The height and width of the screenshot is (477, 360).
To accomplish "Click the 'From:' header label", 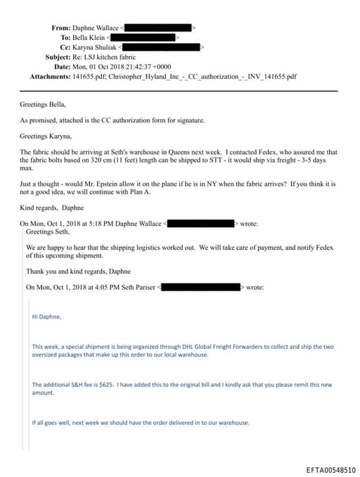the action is pyautogui.click(x=60, y=27).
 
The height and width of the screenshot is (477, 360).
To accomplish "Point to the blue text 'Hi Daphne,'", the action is pyautogui.click(x=47, y=316).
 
